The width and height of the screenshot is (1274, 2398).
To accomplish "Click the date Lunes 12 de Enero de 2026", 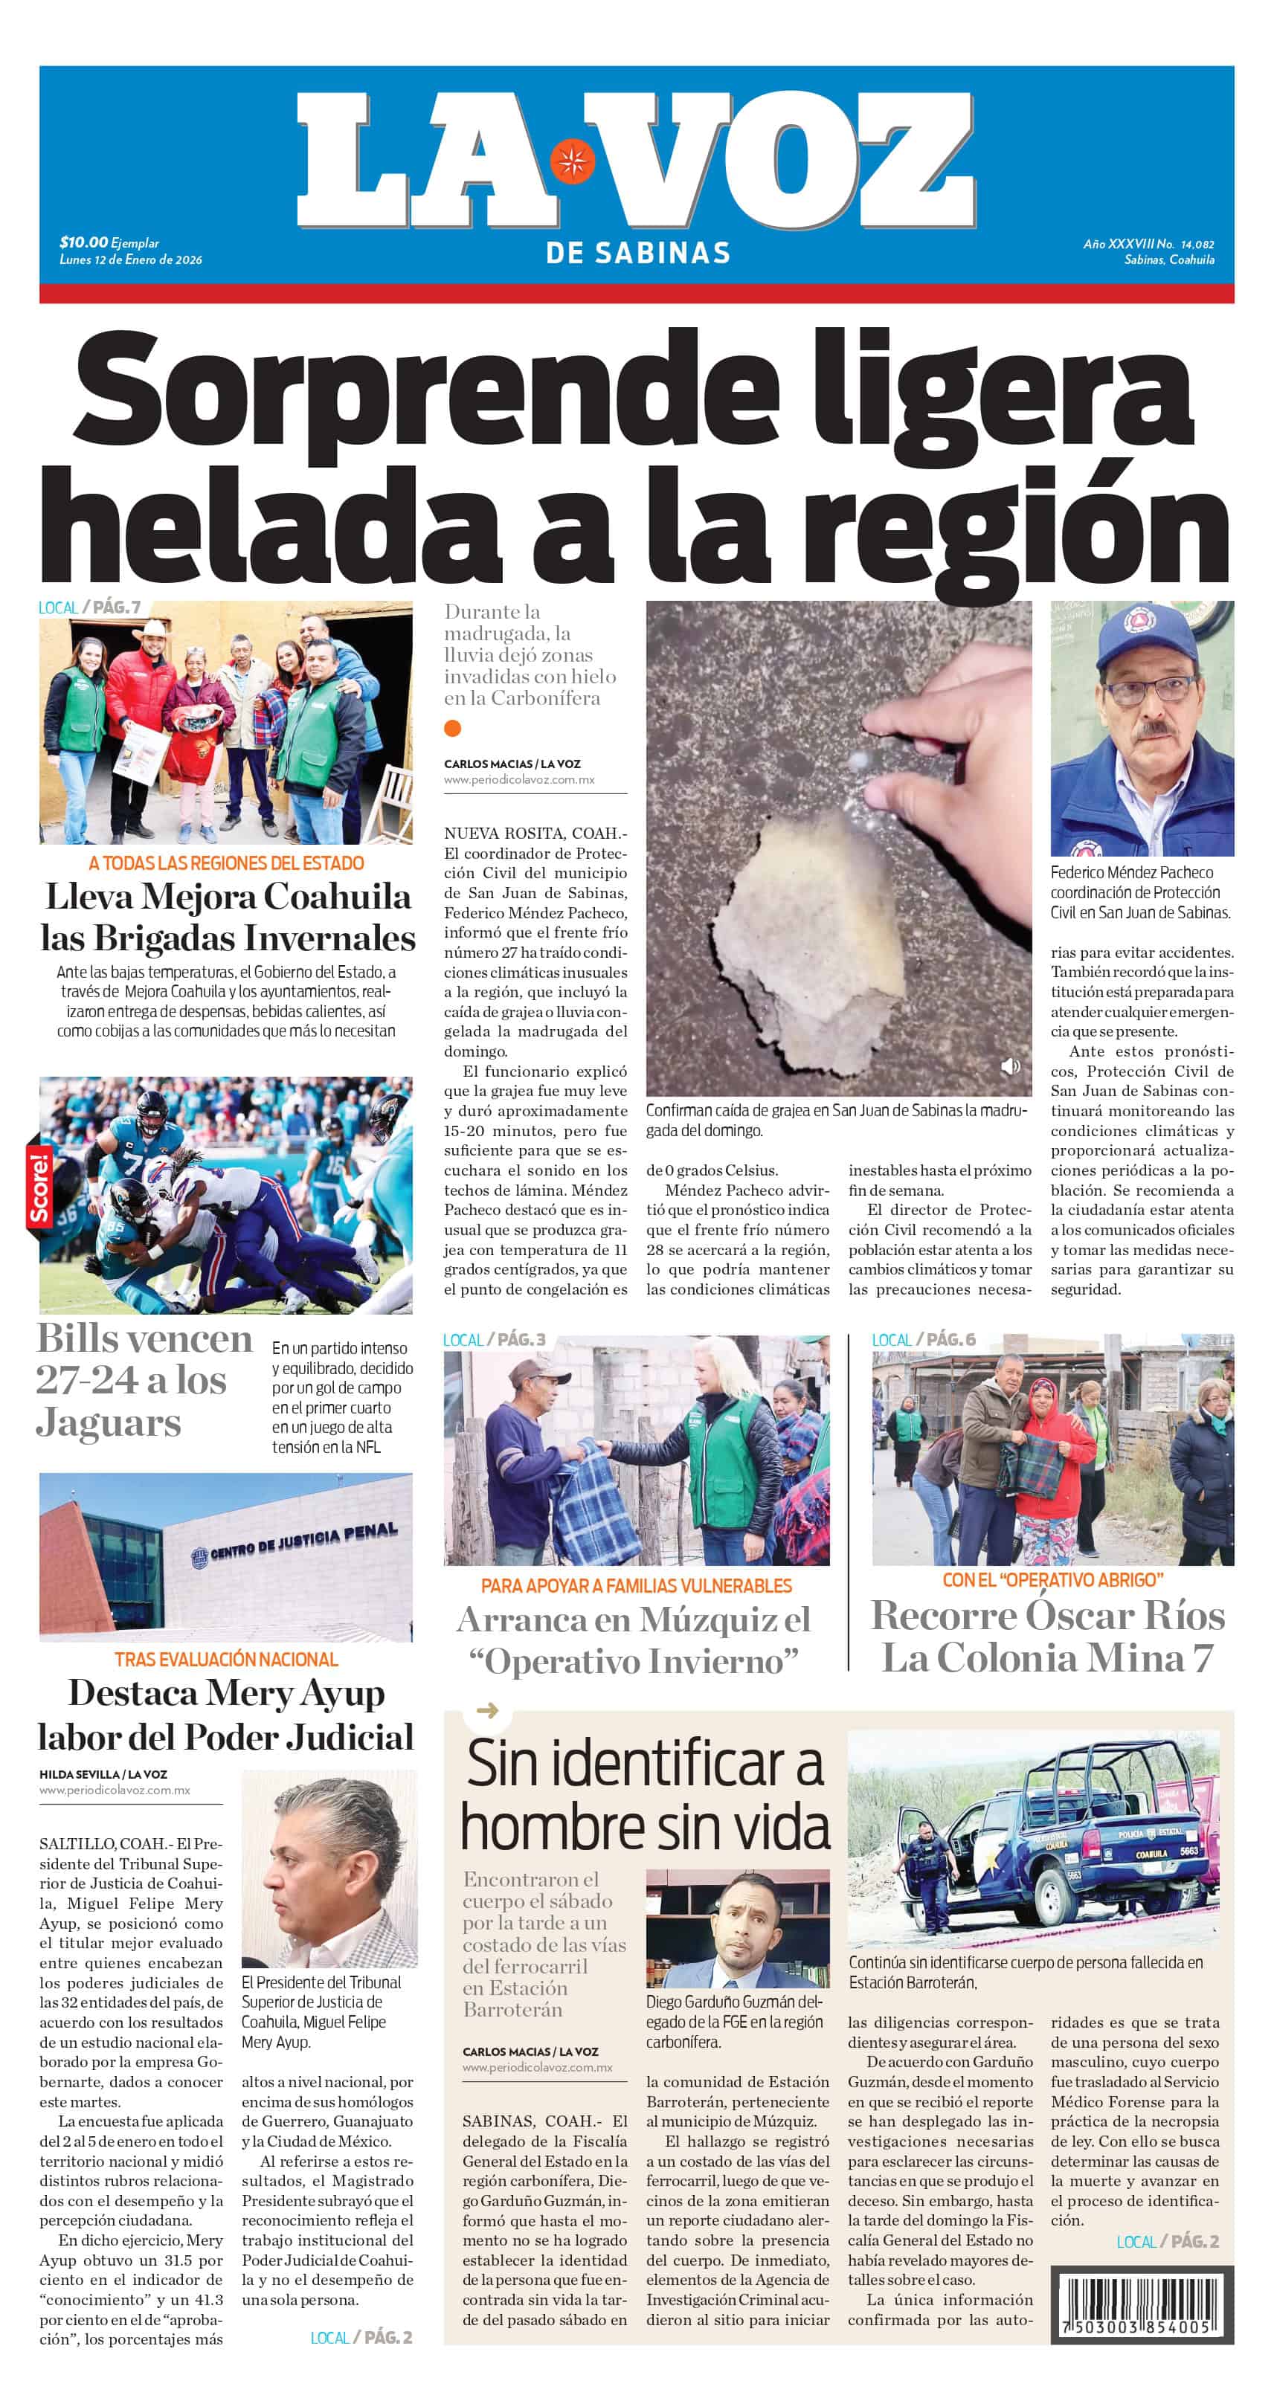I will (130, 260).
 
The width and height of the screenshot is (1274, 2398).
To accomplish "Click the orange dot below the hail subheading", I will (453, 728).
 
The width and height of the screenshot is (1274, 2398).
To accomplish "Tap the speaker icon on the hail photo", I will (1009, 1066).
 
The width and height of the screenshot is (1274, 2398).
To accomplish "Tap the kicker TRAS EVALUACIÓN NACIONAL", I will (226, 1659).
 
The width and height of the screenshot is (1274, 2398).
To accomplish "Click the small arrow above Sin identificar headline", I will (487, 1710).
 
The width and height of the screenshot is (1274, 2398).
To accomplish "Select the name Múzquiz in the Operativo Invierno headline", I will (707, 1619).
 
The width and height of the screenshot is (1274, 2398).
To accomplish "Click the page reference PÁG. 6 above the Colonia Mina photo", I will (950, 1340).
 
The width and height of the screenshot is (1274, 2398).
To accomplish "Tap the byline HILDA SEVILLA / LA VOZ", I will (103, 1774).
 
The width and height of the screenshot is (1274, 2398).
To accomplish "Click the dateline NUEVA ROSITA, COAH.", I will (535, 833).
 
